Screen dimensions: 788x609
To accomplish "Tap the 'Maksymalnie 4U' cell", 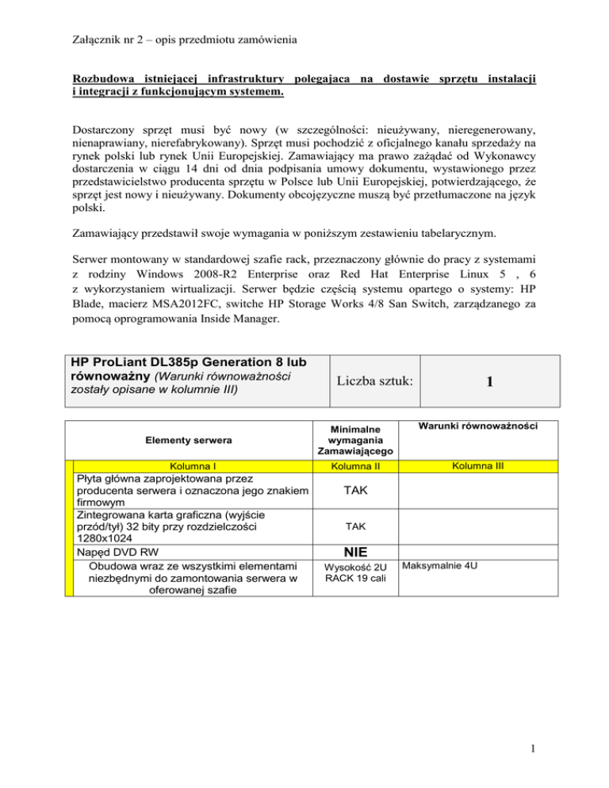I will pos(438,567).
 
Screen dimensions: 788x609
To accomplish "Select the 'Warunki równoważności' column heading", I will pos(474,426).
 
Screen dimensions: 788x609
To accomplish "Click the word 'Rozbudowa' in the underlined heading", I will pos(102,79).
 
